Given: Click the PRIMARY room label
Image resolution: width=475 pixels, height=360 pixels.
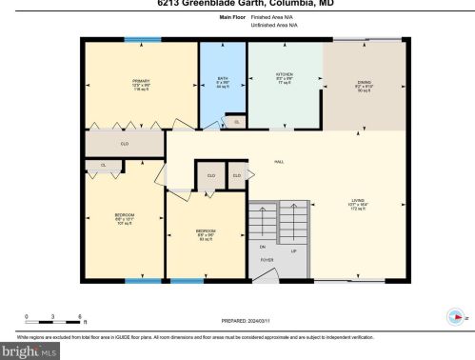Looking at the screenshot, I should click(x=141, y=81).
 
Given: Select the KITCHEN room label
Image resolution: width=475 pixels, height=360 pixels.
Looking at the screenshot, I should click(x=284, y=74).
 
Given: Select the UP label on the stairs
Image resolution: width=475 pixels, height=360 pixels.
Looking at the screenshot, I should click(x=293, y=251).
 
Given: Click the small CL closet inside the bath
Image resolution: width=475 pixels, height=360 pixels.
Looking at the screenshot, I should click(x=235, y=122).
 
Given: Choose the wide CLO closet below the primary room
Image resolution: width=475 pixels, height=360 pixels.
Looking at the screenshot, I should click(x=124, y=144).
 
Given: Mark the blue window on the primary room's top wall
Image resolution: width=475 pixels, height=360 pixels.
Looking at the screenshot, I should click(x=141, y=39).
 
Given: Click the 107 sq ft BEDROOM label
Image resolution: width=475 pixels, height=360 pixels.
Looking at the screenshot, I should click(x=124, y=215).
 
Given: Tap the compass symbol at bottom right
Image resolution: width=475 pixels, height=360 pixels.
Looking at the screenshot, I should click(x=453, y=318).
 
